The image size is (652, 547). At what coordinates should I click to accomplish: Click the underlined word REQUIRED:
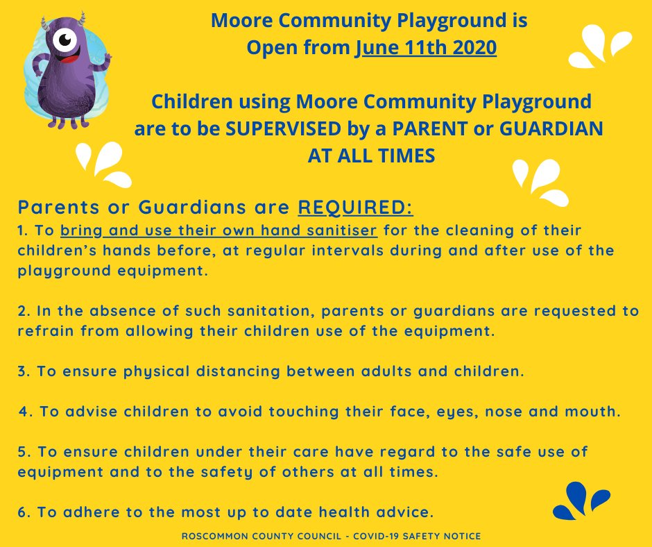pos(355,208)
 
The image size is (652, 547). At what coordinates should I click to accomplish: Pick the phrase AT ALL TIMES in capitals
pos(371,156)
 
